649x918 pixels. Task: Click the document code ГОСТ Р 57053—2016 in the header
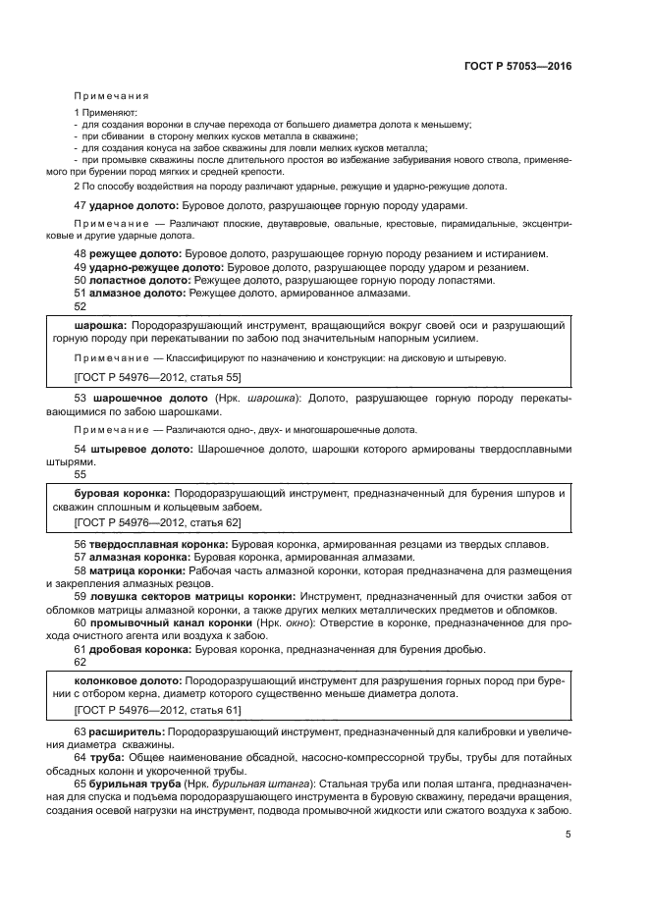click(x=517, y=68)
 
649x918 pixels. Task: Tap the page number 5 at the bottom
click(x=568, y=835)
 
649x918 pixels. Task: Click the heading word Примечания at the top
click(x=111, y=96)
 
